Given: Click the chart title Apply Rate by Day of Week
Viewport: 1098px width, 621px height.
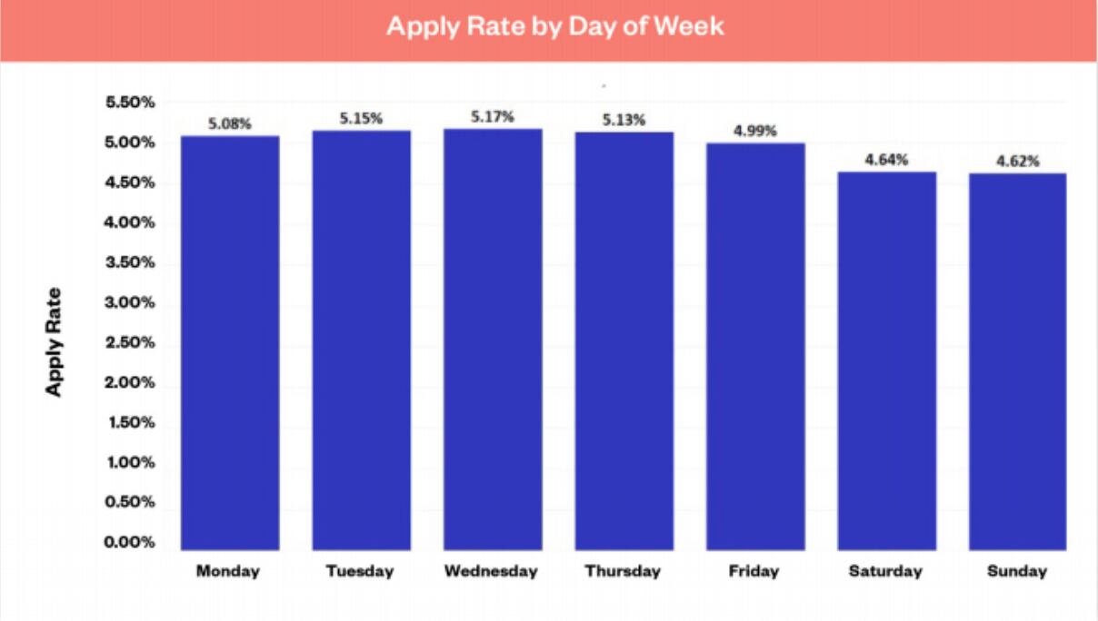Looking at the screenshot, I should pos(554,25).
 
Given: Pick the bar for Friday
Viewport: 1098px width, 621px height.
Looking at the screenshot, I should pos(755,346).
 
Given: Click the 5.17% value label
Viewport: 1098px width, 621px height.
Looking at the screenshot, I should pos(493,117).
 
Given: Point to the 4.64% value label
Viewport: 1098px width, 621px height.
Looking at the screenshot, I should pos(886,160).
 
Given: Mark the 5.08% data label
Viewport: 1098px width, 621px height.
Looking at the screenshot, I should pos(230,123).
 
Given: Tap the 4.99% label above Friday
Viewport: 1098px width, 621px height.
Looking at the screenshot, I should pos(755,131).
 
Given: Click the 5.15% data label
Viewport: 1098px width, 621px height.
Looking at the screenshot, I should pos(361,118).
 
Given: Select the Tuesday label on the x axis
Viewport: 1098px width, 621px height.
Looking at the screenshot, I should pos(361,571).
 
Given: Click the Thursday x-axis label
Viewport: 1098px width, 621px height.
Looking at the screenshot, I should pos(623,571).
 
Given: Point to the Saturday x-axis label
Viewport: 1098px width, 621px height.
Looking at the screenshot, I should pos(885,571).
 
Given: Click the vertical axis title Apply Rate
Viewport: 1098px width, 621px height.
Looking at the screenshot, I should pos(55,341).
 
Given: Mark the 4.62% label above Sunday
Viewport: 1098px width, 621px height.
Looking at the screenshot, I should pos(1017,162).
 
